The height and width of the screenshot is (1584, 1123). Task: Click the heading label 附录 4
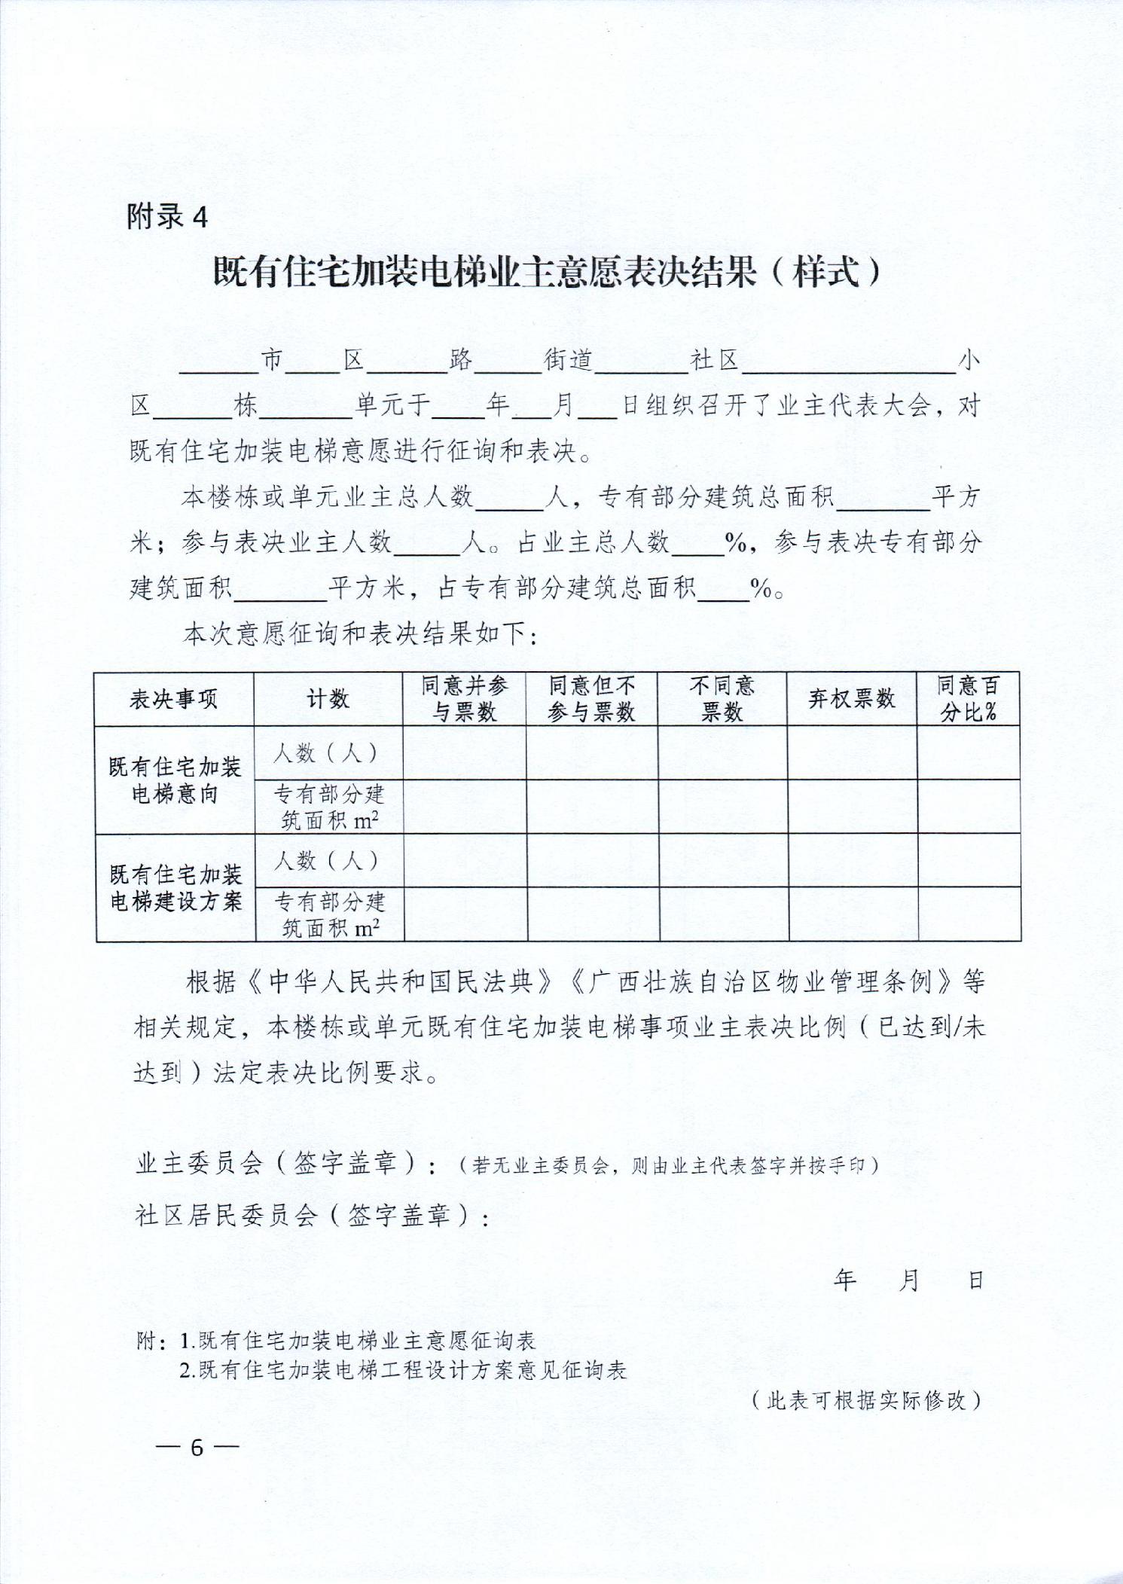tap(167, 217)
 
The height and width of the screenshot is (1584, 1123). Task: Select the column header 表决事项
tap(174, 699)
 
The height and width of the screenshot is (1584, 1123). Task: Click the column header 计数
tap(328, 699)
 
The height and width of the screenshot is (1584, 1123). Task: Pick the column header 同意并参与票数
tap(464, 699)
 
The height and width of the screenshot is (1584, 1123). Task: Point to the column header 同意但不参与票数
tap(592, 699)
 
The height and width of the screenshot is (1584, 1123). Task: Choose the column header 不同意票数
tap(722, 699)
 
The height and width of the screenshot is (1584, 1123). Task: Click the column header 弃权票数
tap(852, 699)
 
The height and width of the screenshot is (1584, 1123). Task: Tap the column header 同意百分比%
tap(969, 699)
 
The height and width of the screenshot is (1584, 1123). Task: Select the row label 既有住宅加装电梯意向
tap(175, 780)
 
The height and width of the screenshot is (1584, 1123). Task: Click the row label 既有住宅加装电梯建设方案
tap(175, 888)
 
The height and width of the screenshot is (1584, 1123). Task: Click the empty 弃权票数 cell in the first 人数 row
tap(852, 753)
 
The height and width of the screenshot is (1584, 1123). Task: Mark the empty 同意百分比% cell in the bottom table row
tap(969, 914)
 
